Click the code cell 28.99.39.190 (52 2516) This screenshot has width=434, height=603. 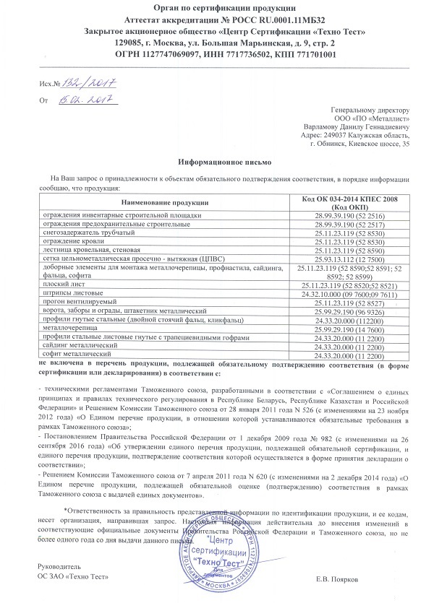coord(349,215)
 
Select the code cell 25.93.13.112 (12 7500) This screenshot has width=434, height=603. coord(349,257)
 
